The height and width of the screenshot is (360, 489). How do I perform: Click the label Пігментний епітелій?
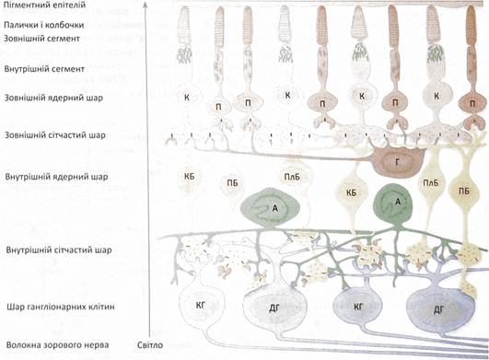[x=44, y=5]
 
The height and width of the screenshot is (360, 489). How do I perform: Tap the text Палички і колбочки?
[x=44, y=25]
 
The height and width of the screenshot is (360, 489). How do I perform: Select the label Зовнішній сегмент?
[x=41, y=39]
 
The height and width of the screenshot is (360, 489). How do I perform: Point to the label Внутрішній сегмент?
[x=44, y=69]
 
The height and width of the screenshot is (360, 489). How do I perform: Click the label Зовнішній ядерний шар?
[x=53, y=98]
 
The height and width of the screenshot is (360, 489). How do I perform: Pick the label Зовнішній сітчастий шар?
[x=55, y=135]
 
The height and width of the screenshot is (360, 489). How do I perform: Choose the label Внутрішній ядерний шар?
[x=56, y=177]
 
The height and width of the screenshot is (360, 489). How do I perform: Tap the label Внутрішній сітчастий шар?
[x=59, y=250]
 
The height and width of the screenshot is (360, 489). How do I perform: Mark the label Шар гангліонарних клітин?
[x=61, y=307]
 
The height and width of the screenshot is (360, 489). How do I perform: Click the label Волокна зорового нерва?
[x=57, y=345]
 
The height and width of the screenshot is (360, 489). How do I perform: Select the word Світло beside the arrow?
[x=150, y=345]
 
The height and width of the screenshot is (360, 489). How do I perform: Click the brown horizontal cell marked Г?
[x=398, y=161]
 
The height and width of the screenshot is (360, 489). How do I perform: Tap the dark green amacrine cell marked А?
[x=393, y=205]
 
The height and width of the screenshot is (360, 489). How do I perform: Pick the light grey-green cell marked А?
[x=270, y=207]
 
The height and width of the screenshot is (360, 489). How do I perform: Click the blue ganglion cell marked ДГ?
[x=439, y=309]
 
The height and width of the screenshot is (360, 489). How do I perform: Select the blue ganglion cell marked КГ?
[x=357, y=307]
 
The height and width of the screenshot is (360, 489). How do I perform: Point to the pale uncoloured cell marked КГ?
[x=201, y=306]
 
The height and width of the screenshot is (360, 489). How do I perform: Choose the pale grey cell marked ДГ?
[x=274, y=308]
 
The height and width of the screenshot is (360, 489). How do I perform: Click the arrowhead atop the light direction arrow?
[x=146, y=5]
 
